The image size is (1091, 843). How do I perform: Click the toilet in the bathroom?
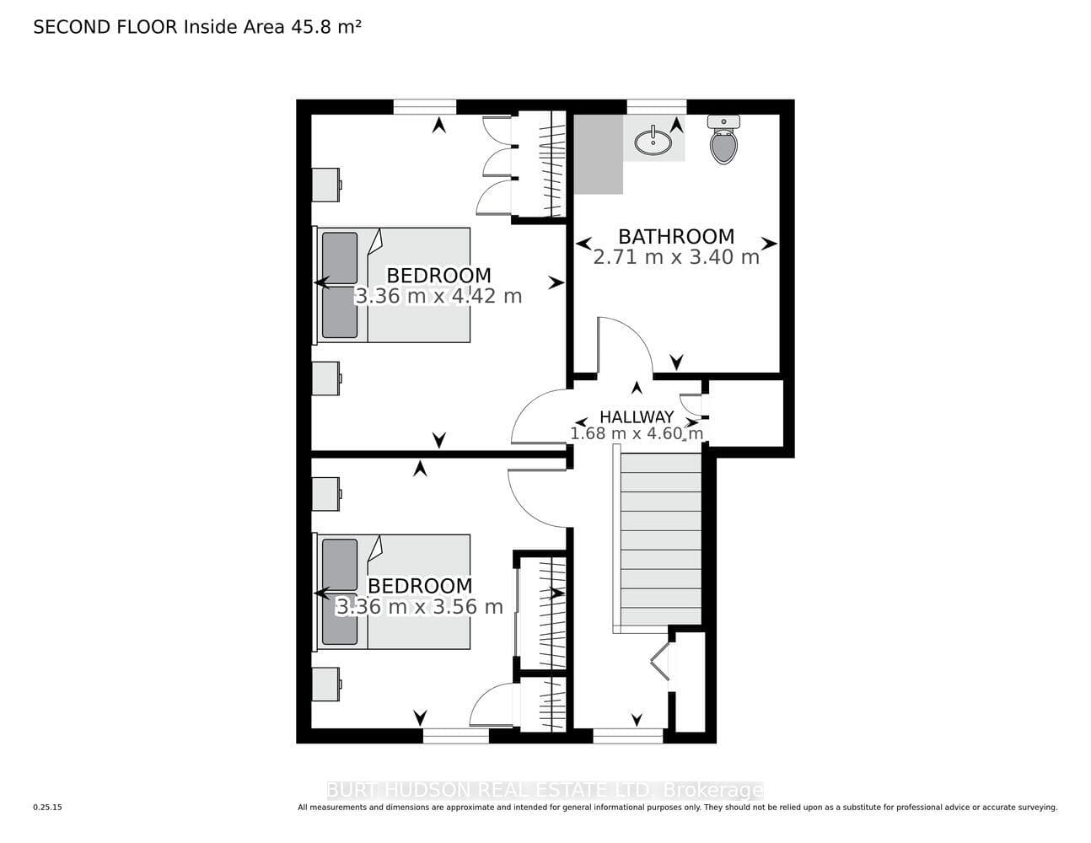723,139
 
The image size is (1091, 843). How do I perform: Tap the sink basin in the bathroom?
653,141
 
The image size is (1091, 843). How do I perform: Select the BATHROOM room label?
676,236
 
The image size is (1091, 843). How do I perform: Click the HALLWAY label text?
637,417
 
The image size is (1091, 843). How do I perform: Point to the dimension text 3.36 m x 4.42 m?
438,296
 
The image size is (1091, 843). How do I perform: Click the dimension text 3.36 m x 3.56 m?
419,607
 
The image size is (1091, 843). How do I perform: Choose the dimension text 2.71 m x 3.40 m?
676,257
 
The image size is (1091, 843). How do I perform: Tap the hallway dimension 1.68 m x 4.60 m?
637,433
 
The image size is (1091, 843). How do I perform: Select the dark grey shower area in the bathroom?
599,154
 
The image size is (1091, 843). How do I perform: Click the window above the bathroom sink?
656,107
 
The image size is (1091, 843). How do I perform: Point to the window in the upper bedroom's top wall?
424,107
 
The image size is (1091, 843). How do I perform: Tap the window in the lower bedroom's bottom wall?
456,736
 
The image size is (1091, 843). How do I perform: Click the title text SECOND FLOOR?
105,27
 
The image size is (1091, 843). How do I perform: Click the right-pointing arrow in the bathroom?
769,244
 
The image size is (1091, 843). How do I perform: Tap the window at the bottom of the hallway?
627,736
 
